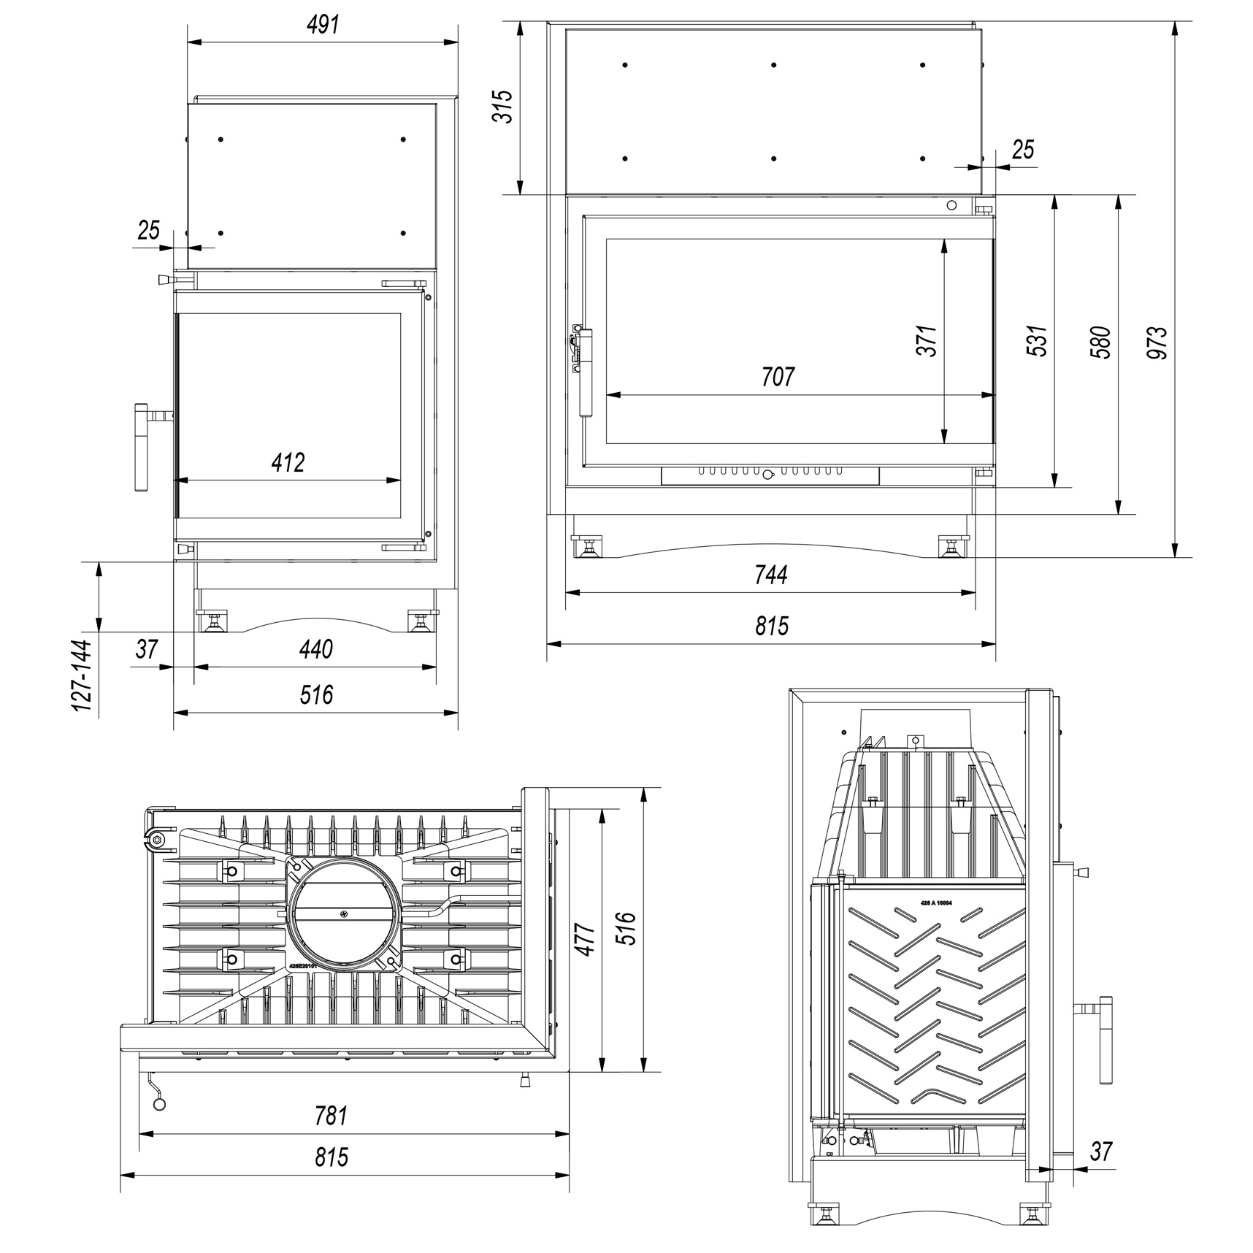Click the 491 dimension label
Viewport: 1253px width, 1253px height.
tap(323, 25)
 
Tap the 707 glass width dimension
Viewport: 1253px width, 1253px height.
tap(777, 377)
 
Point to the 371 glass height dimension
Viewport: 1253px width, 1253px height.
tap(927, 340)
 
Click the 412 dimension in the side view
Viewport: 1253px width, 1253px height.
tap(288, 462)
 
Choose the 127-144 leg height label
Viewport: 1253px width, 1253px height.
tap(83, 675)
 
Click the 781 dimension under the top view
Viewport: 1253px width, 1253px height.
tap(331, 1116)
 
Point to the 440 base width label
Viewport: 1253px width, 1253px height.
tap(315, 648)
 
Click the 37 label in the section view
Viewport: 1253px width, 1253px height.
tap(1100, 1152)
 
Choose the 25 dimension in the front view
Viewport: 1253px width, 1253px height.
tap(1023, 149)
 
